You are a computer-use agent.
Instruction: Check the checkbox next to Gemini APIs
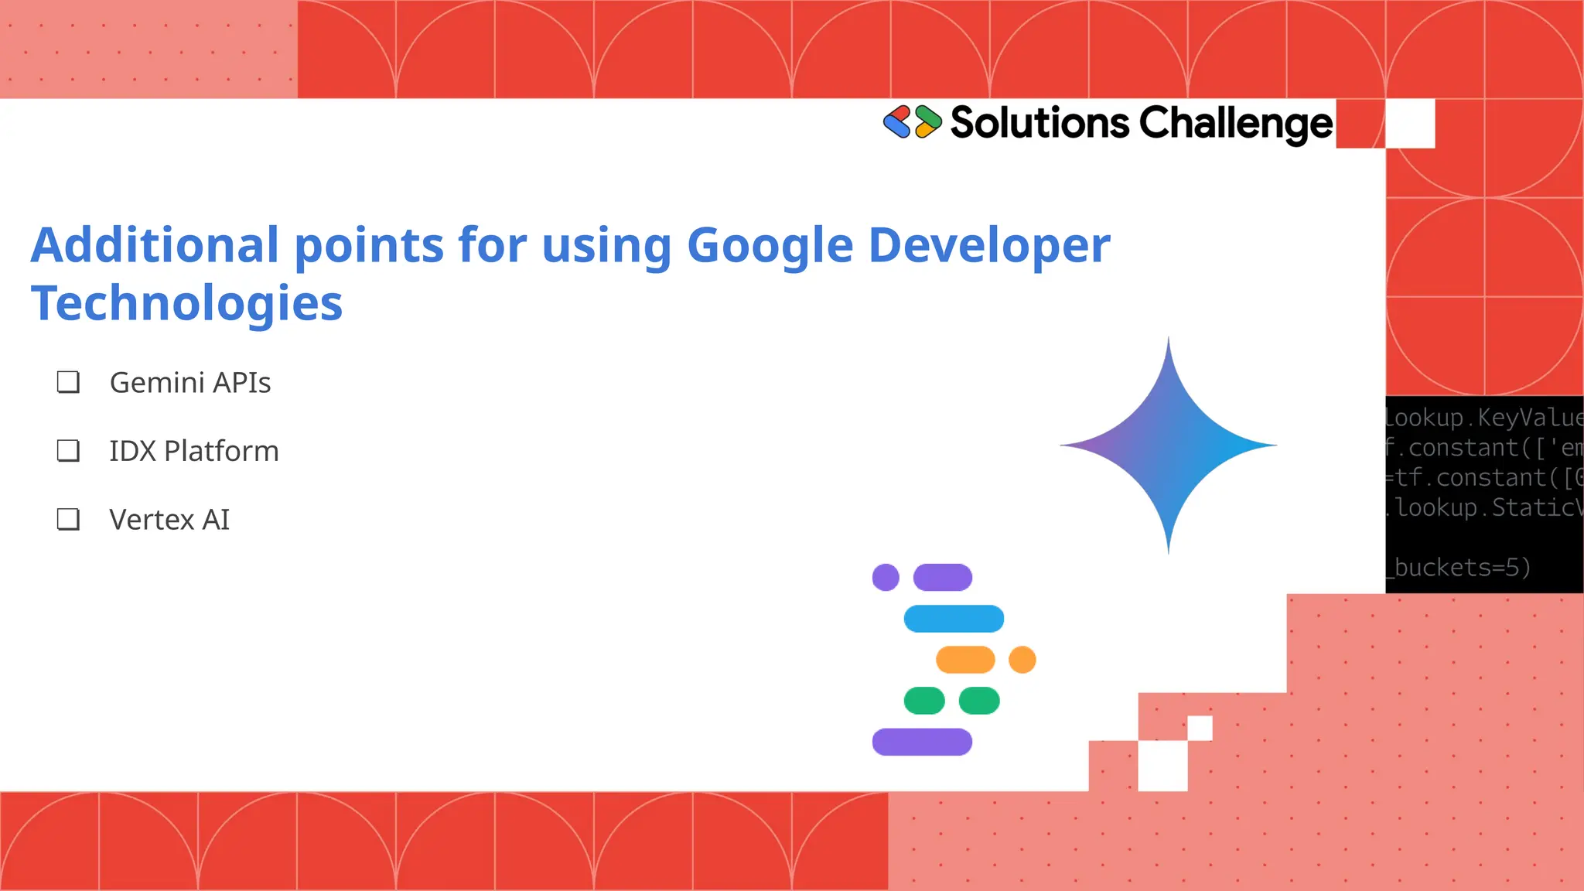68,382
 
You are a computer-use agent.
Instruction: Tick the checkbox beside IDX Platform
68,451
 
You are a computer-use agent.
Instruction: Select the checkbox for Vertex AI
68,519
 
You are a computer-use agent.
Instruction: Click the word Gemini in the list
157,383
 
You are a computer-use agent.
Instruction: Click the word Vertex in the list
152,520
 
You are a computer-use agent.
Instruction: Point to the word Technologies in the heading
186,302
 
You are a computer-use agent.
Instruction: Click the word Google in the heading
770,245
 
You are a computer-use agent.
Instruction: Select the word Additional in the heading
155,245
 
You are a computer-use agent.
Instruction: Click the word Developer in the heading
989,245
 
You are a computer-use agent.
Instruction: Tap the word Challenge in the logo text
1235,124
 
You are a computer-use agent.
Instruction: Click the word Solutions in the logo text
1039,123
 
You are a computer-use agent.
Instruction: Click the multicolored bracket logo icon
913,122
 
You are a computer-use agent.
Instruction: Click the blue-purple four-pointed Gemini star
1168,445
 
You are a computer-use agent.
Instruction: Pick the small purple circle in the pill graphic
886,577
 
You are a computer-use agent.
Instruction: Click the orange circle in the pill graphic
1022,660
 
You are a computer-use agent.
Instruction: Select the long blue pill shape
954,619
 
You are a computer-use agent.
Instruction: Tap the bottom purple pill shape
922,742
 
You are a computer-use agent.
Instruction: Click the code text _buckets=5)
1459,568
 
